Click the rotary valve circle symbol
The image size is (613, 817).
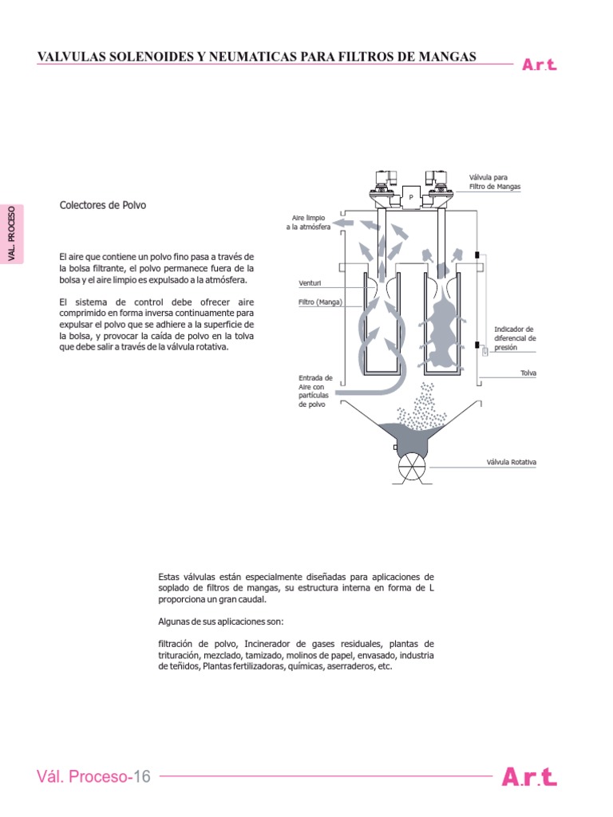412,468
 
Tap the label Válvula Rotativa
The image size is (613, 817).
511,462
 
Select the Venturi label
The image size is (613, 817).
310,283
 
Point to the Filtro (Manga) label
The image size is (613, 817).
320,302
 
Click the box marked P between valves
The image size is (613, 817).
411,197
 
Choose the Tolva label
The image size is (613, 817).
528,373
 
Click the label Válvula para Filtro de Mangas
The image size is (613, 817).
495,182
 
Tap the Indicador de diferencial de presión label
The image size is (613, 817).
515,338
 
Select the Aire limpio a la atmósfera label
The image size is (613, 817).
308,223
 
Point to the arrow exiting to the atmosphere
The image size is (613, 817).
343,223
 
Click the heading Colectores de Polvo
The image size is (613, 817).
103,205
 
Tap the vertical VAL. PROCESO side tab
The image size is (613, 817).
12,234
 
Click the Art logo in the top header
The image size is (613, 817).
540,65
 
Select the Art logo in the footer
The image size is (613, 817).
529,777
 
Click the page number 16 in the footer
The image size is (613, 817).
142,776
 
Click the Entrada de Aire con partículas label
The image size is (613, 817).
315,391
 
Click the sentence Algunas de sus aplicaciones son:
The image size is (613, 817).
221,622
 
